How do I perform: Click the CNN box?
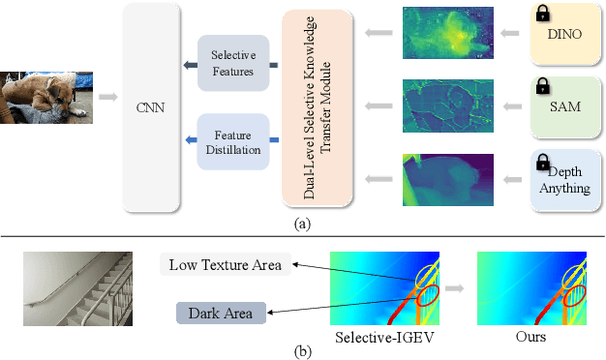153,106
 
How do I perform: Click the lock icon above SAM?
543,86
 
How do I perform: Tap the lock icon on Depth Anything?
543,160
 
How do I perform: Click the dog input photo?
46,97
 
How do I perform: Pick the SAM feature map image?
453,106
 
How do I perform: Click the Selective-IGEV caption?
380,339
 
